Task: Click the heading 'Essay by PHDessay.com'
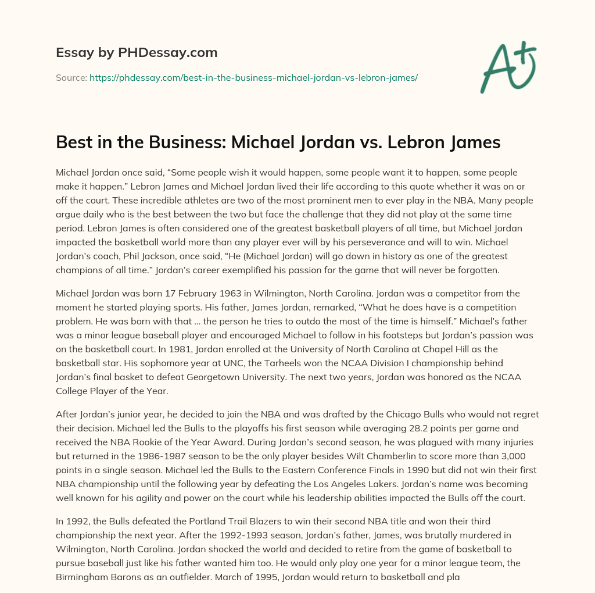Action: [137, 53]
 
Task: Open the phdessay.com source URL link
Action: [253, 77]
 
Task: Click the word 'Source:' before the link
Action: [71, 77]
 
